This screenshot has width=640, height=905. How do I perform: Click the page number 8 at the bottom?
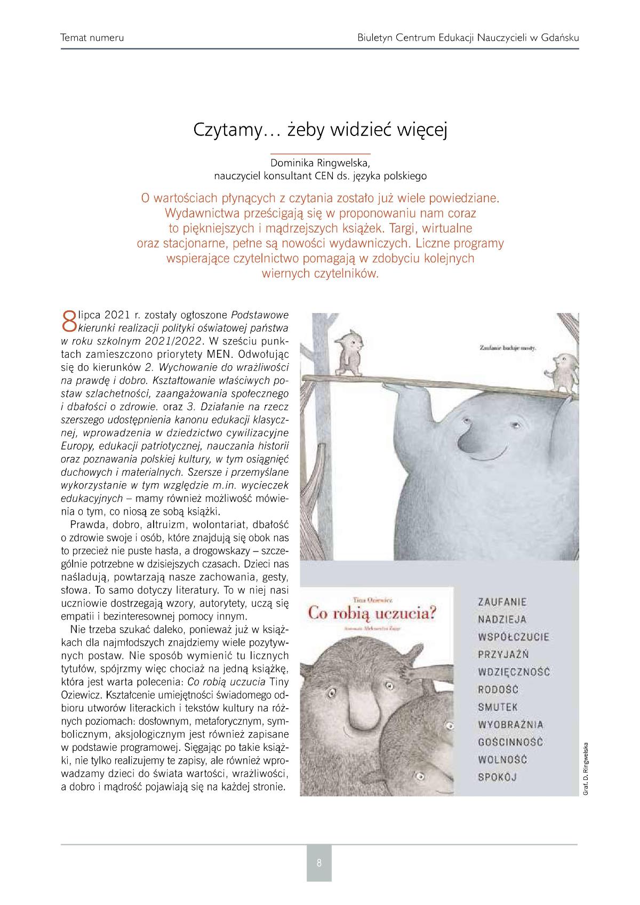[x=319, y=862]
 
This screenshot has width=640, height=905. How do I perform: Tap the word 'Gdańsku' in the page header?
[x=559, y=38]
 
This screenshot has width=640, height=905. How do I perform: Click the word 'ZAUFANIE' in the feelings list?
[x=502, y=602]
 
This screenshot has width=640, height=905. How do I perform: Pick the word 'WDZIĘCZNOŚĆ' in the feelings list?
[x=514, y=672]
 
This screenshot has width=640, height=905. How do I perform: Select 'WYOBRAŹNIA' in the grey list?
[x=510, y=724]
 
